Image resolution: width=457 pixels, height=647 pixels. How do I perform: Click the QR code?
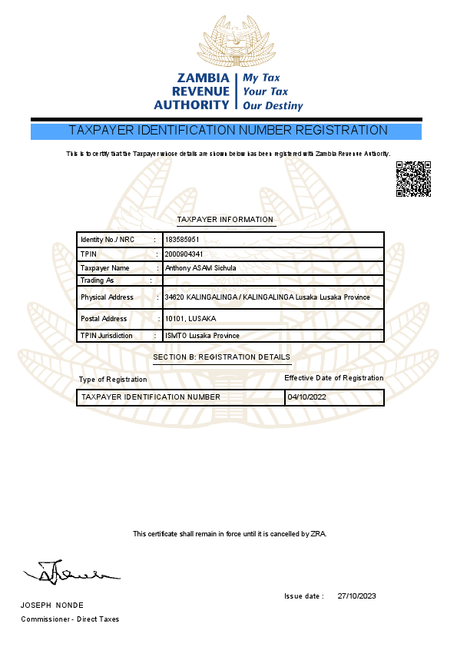[x=413, y=179]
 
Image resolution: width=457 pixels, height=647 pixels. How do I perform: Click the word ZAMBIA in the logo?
[x=203, y=78]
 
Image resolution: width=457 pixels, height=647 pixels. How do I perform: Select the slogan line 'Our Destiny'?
[x=273, y=106]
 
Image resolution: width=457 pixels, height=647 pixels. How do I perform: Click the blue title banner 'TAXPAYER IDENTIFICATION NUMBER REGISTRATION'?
[x=228, y=131]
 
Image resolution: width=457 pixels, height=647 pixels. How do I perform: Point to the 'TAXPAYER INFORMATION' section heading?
[x=225, y=220]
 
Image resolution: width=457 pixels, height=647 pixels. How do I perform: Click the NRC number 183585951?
[x=183, y=240]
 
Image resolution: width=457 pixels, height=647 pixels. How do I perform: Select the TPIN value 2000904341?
[x=184, y=254]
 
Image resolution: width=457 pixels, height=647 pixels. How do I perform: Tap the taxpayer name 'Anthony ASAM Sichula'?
[x=200, y=268]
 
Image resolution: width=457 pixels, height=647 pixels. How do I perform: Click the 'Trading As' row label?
[x=97, y=280]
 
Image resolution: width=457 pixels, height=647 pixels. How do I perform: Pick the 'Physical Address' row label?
[x=107, y=297]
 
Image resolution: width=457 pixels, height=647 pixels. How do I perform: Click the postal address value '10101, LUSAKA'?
[x=190, y=319]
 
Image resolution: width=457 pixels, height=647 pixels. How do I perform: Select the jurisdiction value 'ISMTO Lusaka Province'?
[x=202, y=336]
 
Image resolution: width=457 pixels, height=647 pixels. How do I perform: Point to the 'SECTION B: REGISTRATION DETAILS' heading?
[x=222, y=357]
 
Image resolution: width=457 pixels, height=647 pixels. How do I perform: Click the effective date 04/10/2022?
[x=306, y=397]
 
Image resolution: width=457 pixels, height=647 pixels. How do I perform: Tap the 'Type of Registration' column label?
[x=113, y=380]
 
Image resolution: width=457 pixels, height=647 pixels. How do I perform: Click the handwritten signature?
[x=71, y=572]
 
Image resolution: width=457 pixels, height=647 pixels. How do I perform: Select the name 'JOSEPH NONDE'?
[x=52, y=606]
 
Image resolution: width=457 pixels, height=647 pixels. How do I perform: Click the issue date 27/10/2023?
[x=356, y=596]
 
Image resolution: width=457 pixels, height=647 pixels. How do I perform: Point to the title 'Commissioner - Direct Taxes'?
[x=70, y=619]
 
